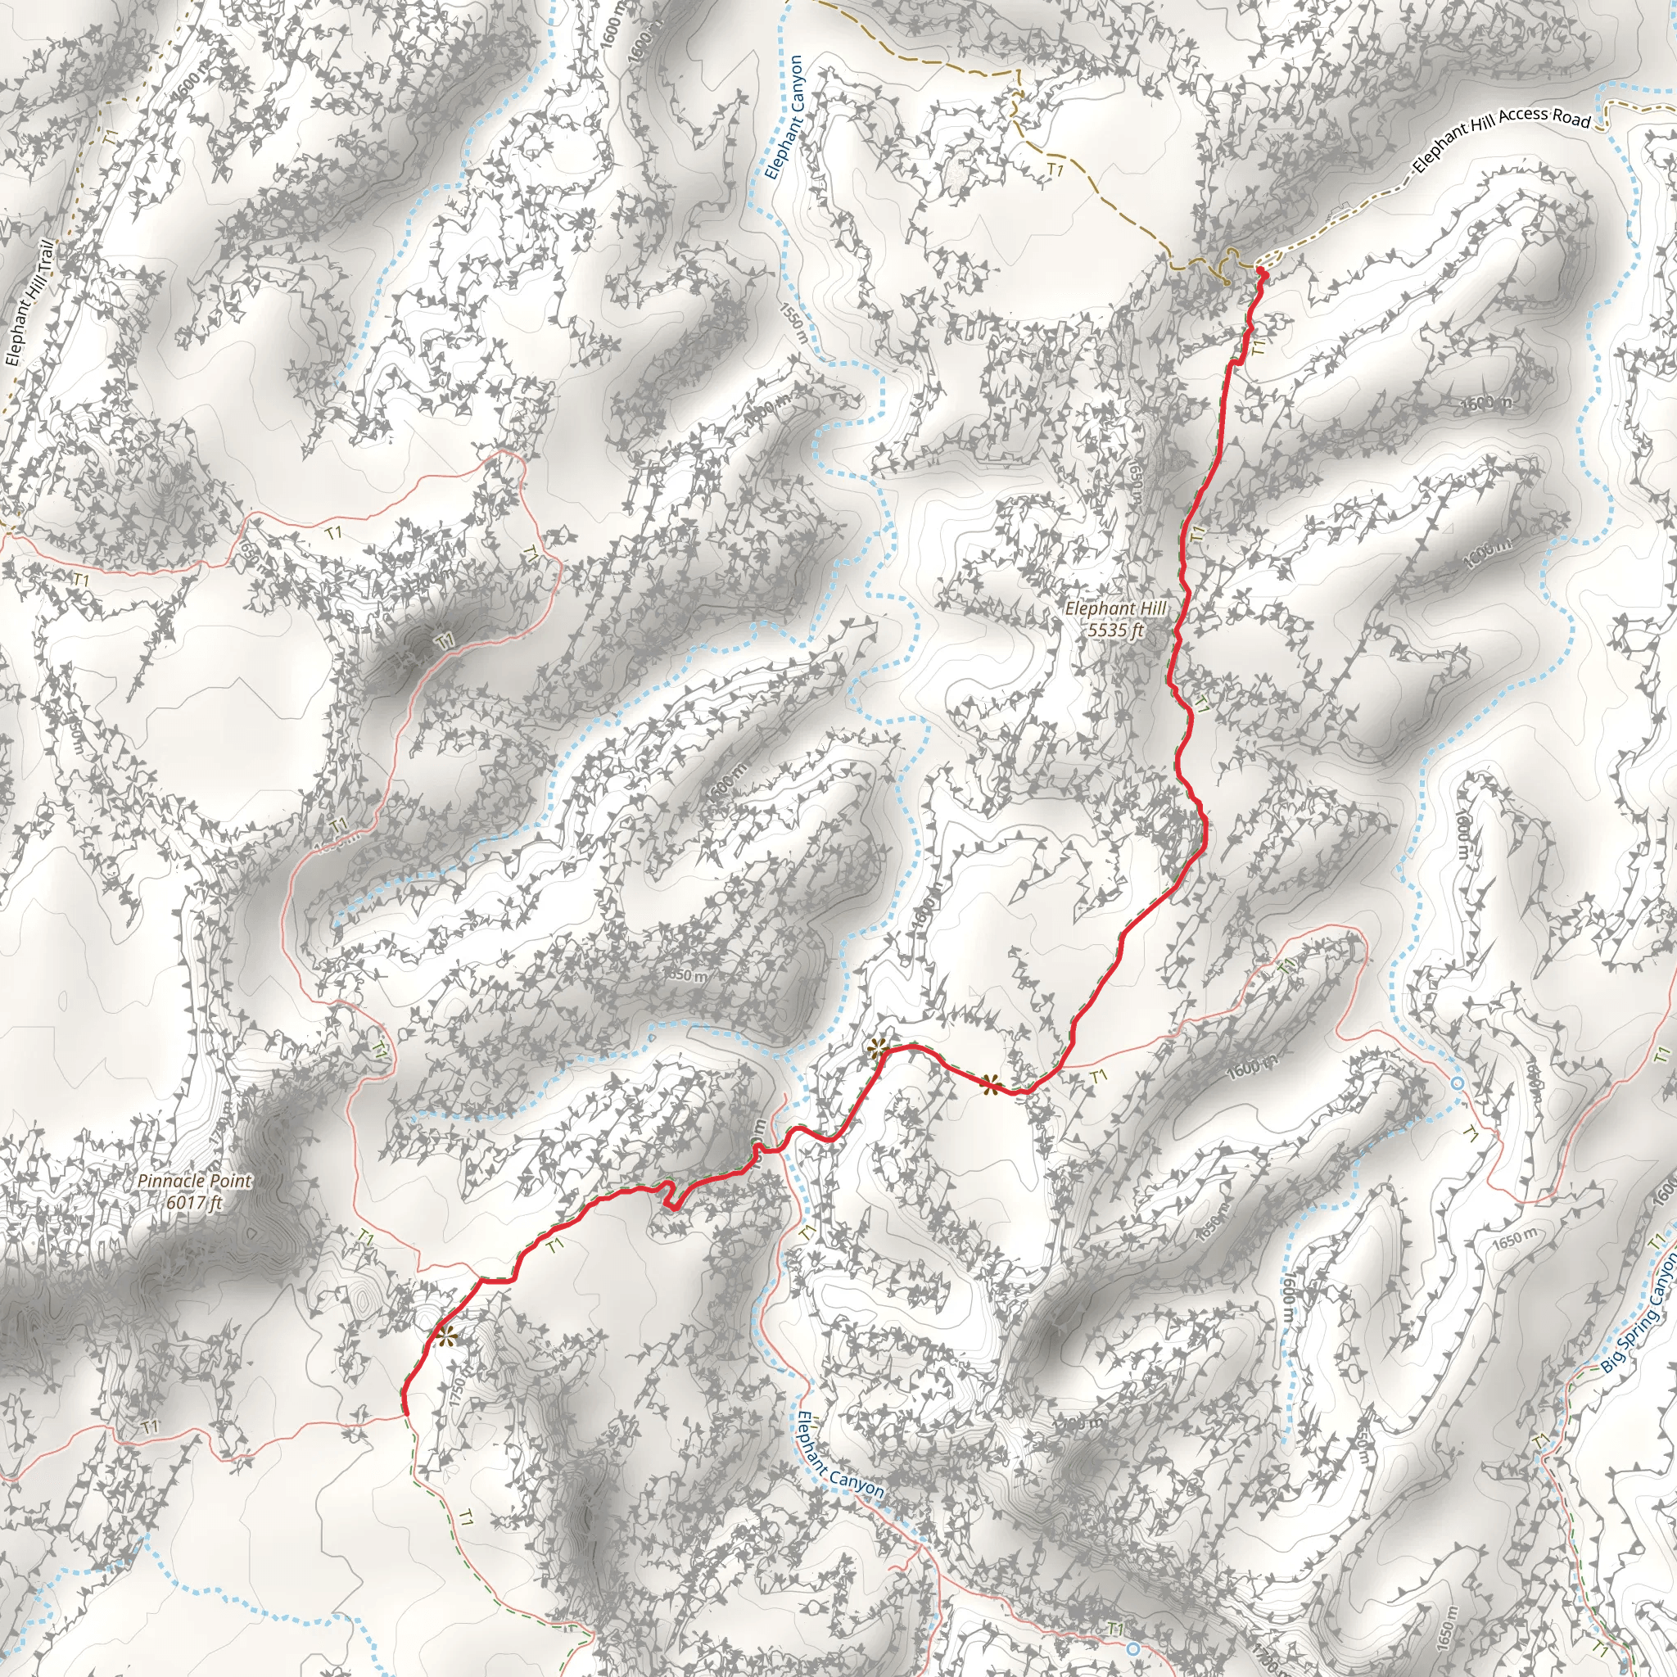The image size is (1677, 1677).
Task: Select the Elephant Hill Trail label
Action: click(x=29, y=303)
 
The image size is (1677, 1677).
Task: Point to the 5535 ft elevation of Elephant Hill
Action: click(x=1115, y=631)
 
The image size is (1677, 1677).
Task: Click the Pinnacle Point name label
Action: click(x=194, y=1182)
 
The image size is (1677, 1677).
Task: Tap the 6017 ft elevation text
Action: click(x=194, y=1203)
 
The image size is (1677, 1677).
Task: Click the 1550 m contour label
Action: click(x=793, y=322)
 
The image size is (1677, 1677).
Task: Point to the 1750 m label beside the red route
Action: click(x=461, y=1388)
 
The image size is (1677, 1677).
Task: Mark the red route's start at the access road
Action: click(x=1261, y=274)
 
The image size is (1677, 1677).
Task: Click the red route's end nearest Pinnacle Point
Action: click(x=404, y=1412)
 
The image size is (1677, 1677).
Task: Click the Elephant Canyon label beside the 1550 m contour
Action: click(x=785, y=117)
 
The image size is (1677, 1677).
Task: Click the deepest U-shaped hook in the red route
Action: click(x=670, y=1197)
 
